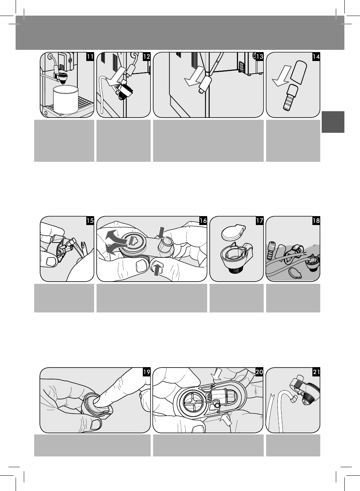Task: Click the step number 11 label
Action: tap(90, 57)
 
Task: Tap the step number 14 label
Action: tap(316, 57)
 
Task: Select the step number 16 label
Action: tap(203, 221)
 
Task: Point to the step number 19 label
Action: tap(147, 372)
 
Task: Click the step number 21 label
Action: tap(316, 372)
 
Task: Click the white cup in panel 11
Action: tap(66, 99)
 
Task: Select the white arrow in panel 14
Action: tap(282, 76)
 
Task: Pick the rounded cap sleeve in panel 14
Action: tap(298, 72)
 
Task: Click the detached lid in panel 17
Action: tap(233, 232)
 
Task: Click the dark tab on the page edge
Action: tap(333, 122)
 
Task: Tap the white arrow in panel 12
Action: tap(116, 77)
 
